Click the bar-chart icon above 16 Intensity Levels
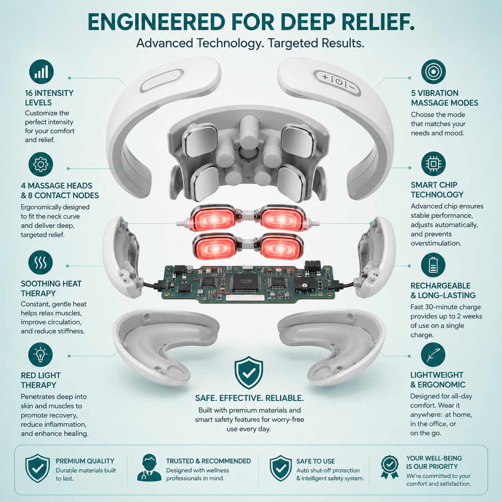point(41,72)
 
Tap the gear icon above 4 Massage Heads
point(41,165)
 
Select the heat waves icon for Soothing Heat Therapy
point(40,262)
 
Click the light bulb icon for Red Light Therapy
point(40,355)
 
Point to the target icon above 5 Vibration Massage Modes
point(434,72)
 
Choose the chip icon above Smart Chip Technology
point(434,164)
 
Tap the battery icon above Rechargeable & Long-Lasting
point(433,265)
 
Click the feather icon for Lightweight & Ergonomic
point(433,355)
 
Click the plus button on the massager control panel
point(325,76)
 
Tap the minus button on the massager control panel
point(352,87)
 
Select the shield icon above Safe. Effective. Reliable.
point(249,373)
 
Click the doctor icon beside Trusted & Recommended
point(149,468)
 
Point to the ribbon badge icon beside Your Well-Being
point(390,467)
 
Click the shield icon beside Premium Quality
point(38,468)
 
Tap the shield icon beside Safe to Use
point(281,468)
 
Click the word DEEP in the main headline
point(308,22)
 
